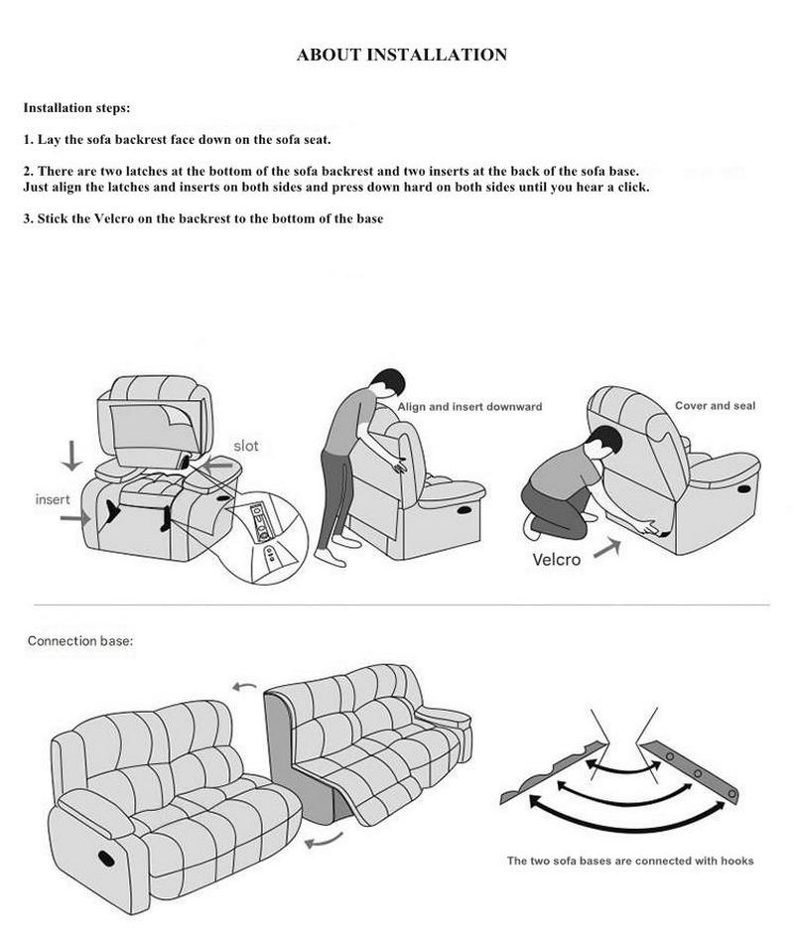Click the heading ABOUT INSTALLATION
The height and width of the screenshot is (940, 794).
pos(402,55)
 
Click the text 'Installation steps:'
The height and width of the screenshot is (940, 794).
pos(76,108)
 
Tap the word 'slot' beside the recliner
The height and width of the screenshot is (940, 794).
pos(246,446)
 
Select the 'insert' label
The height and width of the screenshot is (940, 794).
pos(53,499)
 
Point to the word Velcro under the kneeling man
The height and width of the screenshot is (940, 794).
pos(557,559)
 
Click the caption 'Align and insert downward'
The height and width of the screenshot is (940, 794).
pos(469,406)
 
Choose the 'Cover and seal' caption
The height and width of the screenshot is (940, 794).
pos(715,405)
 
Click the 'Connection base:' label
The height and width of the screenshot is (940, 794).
pos(80,641)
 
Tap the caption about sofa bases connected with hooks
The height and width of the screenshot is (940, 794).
pos(630,861)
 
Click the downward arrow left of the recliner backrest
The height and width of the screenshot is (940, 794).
pos(71,456)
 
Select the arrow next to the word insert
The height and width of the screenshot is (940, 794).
pos(75,517)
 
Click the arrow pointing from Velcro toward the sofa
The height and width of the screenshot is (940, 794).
pos(607,548)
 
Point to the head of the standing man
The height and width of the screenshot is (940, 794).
pos(388,382)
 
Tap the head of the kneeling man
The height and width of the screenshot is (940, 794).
pos(604,441)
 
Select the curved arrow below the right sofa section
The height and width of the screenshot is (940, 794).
pos(324,841)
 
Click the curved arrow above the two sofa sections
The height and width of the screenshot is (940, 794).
pos(244,687)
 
